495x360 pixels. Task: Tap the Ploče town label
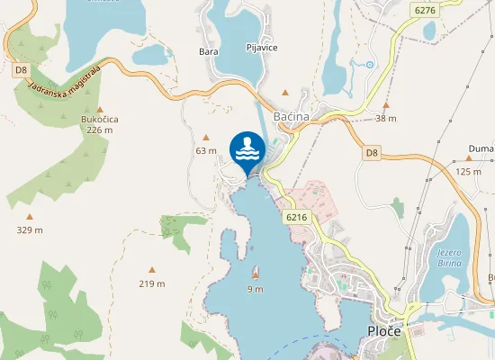pyautogui.click(x=391, y=333)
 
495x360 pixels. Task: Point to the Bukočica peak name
pyautogui.click(x=99, y=119)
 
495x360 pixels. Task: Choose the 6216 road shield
pyautogui.click(x=296, y=217)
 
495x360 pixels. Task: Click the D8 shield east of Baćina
pyautogui.click(x=372, y=154)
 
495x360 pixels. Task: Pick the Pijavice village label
pyautogui.click(x=262, y=47)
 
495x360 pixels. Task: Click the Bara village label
pyautogui.click(x=209, y=51)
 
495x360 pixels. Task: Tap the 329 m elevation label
pyautogui.click(x=29, y=230)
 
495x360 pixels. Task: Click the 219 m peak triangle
pyautogui.click(x=151, y=269)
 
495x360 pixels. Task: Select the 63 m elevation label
pyautogui.click(x=206, y=150)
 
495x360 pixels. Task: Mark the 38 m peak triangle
pyautogui.click(x=385, y=105)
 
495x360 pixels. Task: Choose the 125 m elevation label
pyautogui.click(x=469, y=171)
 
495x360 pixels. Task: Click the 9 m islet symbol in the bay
pyautogui.click(x=256, y=273)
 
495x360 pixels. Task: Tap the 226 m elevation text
pyautogui.click(x=99, y=130)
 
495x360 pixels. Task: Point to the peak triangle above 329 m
pyautogui.click(x=29, y=217)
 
